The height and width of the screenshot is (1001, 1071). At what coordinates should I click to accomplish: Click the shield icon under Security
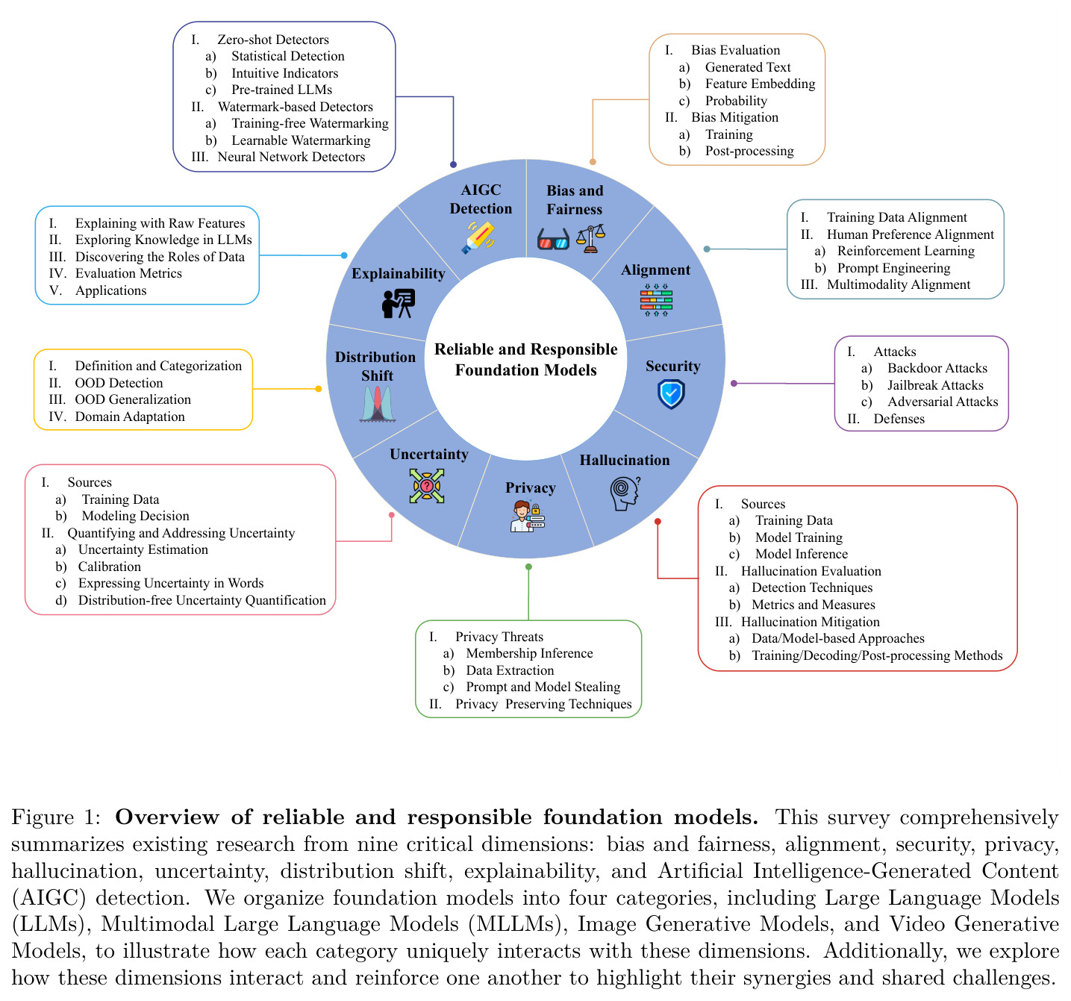(671, 393)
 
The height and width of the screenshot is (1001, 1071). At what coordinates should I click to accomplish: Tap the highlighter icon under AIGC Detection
(478, 237)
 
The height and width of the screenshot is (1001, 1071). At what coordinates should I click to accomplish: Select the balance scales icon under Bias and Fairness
(590, 239)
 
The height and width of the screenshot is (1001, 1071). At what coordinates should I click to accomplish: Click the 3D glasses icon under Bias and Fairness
(553, 239)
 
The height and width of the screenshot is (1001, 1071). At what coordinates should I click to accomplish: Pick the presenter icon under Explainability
(398, 303)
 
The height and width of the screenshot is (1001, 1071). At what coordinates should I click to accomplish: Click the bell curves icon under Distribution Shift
(377, 404)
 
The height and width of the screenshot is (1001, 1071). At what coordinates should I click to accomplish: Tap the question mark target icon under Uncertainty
(426, 486)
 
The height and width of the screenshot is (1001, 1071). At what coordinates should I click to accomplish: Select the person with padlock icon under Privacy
(527, 517)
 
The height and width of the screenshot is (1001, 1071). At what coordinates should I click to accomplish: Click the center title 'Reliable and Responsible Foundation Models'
(525, 359)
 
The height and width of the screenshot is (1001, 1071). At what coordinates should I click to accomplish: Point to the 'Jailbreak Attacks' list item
(935, 384)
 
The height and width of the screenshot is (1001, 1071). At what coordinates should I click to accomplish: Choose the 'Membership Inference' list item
(529, 653)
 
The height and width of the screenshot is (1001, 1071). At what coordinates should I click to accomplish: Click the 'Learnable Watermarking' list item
(301, 140)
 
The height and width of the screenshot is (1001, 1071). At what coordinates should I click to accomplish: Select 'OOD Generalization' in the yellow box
(133, 399)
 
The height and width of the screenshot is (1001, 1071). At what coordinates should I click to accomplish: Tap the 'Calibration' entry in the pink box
(110, 567)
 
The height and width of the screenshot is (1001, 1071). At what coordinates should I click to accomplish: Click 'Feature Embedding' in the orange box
(760, 84)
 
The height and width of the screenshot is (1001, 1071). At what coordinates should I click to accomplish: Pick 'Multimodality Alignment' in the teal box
(899, 284)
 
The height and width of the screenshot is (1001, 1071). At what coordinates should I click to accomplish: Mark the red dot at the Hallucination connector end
(658, 521)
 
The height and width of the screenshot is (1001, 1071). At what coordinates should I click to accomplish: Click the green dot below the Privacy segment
(528, 567)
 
